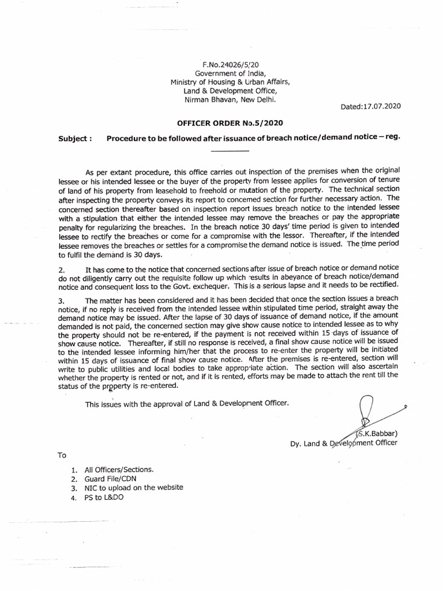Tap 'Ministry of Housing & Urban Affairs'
point(230,82)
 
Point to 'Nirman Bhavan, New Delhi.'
point(230,100)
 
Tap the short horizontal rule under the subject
point(230,151)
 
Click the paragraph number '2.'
point(62,270)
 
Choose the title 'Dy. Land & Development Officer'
point(343,443)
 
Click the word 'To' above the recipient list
point(62,455)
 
